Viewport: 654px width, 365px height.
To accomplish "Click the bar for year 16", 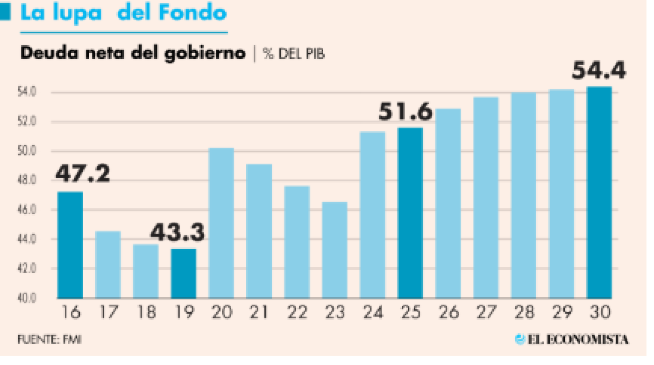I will [70, 245].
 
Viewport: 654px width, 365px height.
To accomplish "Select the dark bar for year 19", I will [184, 274].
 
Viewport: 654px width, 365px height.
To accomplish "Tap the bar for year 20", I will [221, 223].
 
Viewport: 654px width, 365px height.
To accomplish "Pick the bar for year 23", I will [334, 250].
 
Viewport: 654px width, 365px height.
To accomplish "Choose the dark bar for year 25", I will [410, 213].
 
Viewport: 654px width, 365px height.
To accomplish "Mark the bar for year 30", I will [599, 192].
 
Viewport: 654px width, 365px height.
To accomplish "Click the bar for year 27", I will [486, 197].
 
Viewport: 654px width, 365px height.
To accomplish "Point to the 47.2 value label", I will [83, 175].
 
